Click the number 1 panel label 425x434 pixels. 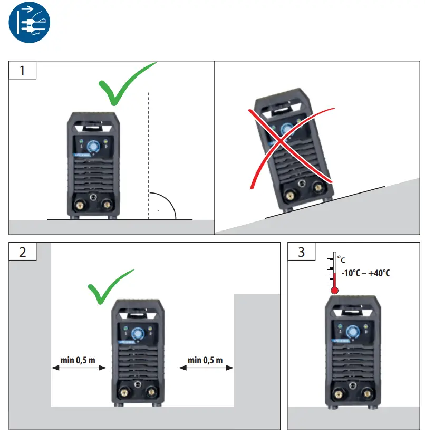coord(22,70)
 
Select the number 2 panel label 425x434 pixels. coord(22,252)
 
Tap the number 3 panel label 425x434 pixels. coord(301,252)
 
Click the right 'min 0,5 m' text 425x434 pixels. coord(205,360)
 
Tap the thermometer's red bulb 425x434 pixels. coord(334,290)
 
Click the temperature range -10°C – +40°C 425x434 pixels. coord(365,274)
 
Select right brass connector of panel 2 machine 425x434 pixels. coord(151,391)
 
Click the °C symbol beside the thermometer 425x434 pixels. coord(342,260)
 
